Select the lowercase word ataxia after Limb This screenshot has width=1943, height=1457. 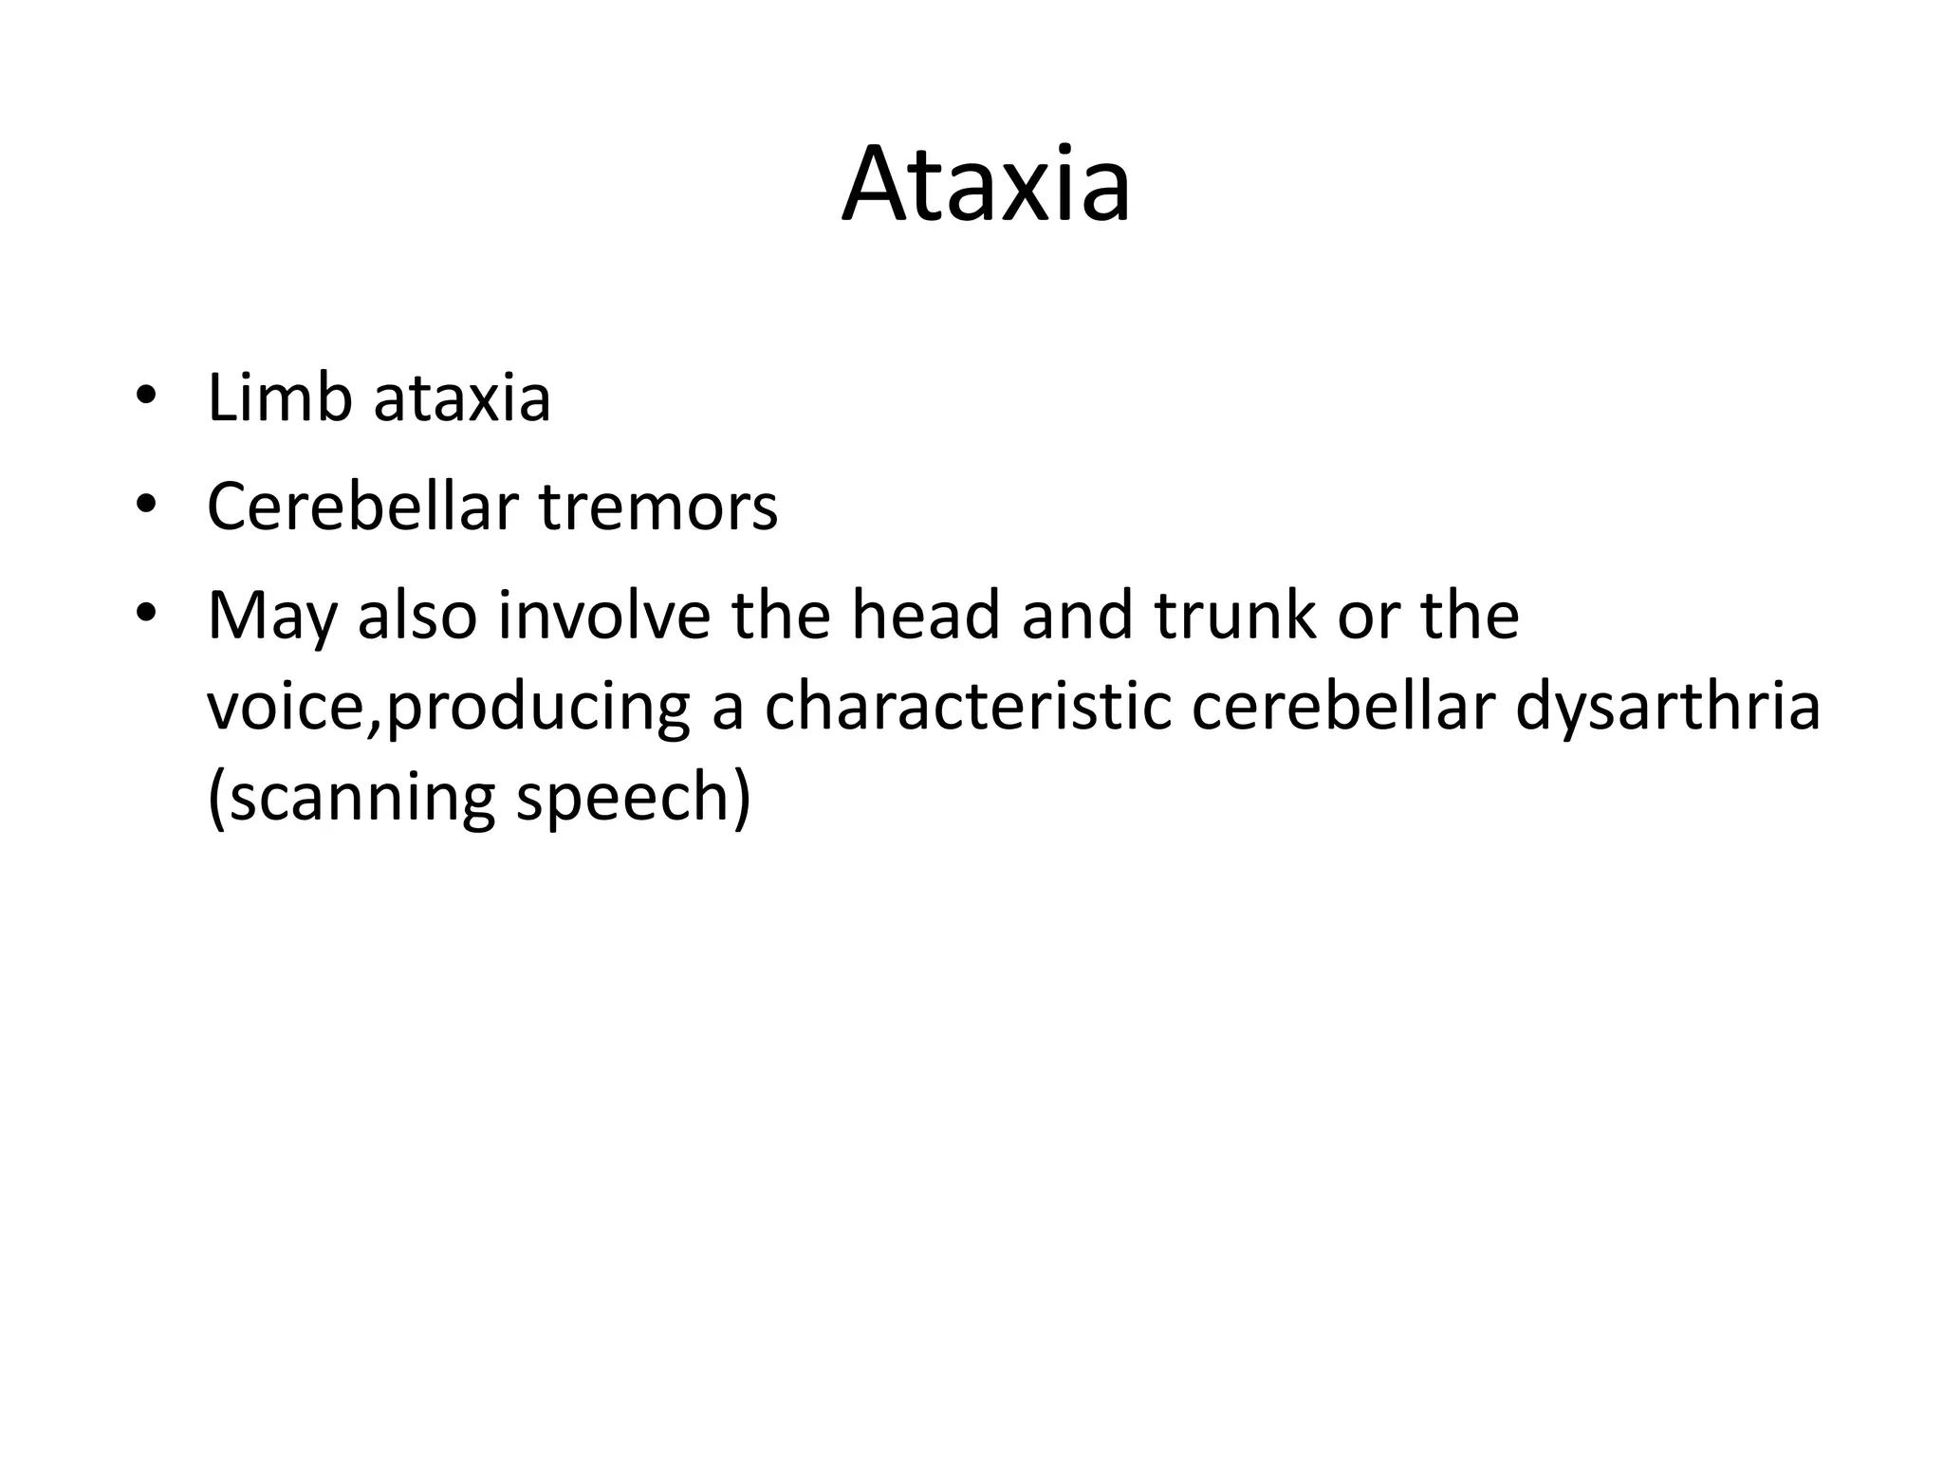click(x=462, y=398)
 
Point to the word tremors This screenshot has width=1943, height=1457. click(x=658, y=507)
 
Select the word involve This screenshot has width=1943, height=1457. click(x=603, y=616)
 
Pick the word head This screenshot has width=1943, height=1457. click(x=925, y=616)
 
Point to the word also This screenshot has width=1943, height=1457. click(x=416, y=616)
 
